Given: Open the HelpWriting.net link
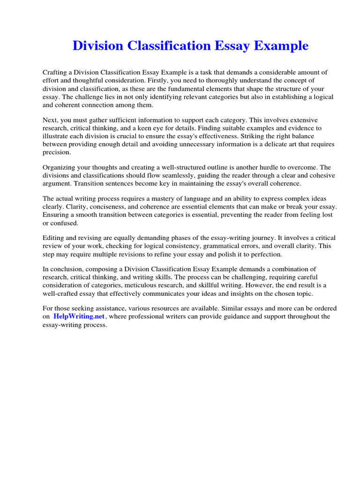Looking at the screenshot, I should [x=79, y=316].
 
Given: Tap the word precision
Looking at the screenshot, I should [x=57, y=152].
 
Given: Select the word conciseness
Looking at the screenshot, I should [x=104, y=207].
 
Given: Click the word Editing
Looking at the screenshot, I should [x=54, y=238].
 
